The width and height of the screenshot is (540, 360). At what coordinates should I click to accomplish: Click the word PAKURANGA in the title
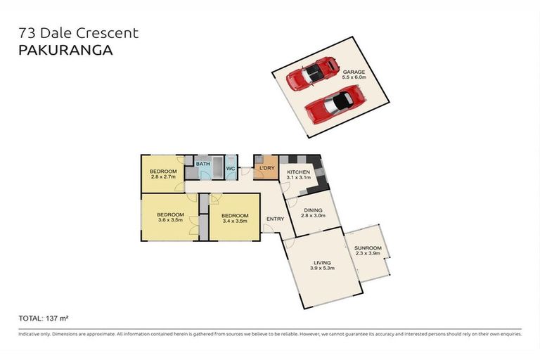pyautogui.click(x=65, y=50)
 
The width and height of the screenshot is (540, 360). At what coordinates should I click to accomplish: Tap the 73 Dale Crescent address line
pyautogui.click(x=79, y=33)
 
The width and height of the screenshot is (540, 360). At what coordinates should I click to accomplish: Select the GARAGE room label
pyautogui.click(x=354, y=72)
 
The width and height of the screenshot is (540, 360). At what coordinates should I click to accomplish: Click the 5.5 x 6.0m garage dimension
pyautogui.click(x=354, y=77)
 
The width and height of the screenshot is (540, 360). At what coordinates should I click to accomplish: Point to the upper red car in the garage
pyautogui.click(x=311, y=74)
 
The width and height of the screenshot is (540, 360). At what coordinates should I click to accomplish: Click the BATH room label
pyautogui.click(x=202, y=164)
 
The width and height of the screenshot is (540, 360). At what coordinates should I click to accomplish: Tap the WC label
pyautogui.click(x=231, y=169)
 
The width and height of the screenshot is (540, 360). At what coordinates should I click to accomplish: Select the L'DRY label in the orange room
pyautogui.click(x=267, y=168)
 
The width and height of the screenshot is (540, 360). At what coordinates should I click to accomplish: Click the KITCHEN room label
pyautogui.click(x=299, y=172)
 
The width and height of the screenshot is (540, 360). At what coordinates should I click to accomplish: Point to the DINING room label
pyautogui.click(x=313, y=210)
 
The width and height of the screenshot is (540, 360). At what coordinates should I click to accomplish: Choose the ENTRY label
pyautogui.click(x=275, y=219)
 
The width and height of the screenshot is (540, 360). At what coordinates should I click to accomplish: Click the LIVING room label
pyautogui.click(x=322, y=262)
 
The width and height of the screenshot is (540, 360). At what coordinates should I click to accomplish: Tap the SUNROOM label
pyautogui.click(x=368, y=248)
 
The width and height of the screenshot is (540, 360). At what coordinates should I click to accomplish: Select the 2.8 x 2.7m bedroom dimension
pyautogui.click(x=163, y=176)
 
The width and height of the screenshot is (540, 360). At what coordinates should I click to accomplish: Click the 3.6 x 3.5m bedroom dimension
pyautogui.click(x=170, y=220)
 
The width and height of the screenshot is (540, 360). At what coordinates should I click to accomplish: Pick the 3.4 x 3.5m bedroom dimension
pyautogui.click(x=235, y=221)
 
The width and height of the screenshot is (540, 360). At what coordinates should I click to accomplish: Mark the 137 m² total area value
pyautogui.click(x=57, y=319)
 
